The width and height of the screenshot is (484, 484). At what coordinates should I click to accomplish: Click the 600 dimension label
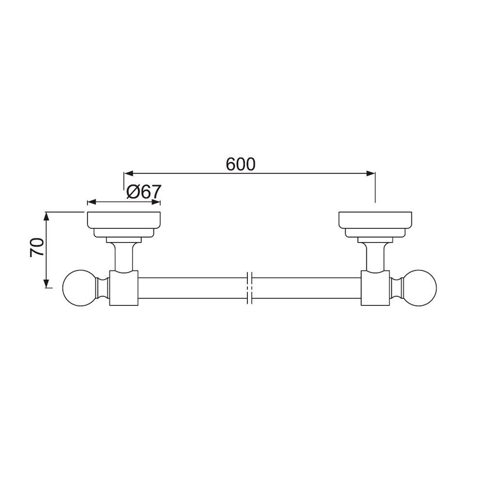pyautogui.click(x=241, y=165)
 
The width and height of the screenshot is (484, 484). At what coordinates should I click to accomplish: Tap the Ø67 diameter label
pyautogui.click(x=143, y=192)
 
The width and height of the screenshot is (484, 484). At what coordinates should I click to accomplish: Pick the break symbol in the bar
pyautogui.click(x=250, y=289)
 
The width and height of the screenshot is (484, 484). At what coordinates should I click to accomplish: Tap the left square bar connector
pyautogui.click(x=124, y=289)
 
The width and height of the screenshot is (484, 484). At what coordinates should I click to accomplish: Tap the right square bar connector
pyautogui.click(x=375, y=289)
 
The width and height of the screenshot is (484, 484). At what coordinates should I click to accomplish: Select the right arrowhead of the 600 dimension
pyautogui.click(x=371, y=173)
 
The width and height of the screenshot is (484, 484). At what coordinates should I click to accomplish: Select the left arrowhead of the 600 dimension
pyautogui.click(x=128, y=173)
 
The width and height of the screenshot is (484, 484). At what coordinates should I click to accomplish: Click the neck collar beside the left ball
pyautogui.click(x=104, y=289)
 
